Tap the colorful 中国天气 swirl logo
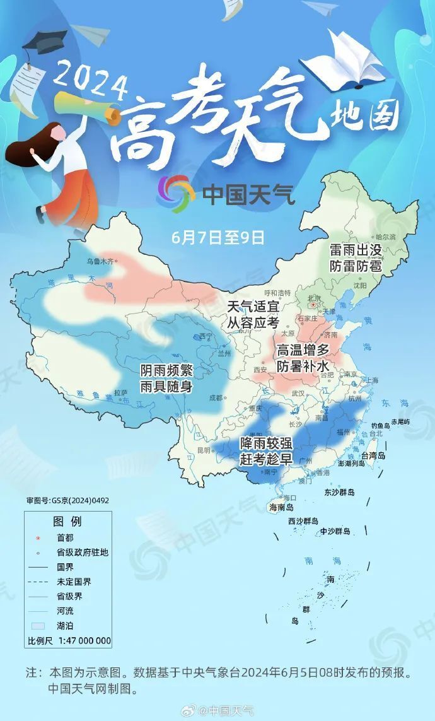pyautogui.click(x=176, y=193)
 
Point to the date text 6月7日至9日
pyautogui.click(x=217, y=238)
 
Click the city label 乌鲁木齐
pyautogui.click(x=101, y=261)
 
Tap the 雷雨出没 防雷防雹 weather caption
pyautogui.click(x=356, y=258)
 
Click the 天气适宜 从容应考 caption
pyautogui.click(x=253, y=314)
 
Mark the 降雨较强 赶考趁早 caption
pyautogui.click(x=266, y=451)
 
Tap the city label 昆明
pyautogui.click(x=204, y=450)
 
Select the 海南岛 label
pyautogui.click(x=282, y=507)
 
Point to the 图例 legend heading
pyautogui.click(x=67, y=522)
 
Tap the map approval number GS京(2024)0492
pyautogui.click(x=68, y=500)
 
